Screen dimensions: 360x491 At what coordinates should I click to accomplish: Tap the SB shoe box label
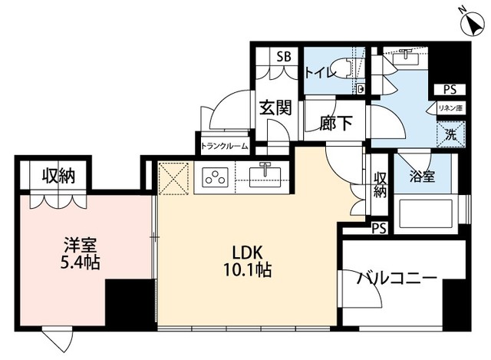coord(283,57)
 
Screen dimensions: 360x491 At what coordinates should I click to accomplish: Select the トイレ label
coord(319,73)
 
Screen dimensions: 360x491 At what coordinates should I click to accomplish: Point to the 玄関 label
coord(275,108)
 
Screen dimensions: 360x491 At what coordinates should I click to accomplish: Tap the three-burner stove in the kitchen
coord(214,178)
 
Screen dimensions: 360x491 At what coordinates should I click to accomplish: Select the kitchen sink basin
coord(266,177)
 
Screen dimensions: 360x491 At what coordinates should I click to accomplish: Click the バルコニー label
coord(397,278)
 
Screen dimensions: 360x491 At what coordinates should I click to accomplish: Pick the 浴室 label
coord(423,177)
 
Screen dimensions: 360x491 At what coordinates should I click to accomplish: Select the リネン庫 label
coord(450,108)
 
